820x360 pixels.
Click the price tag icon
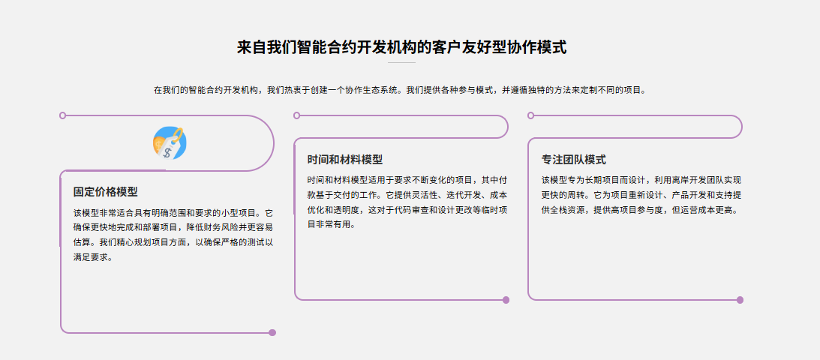[x=170, y=142]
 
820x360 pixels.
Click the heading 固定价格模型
[x=106, y=192]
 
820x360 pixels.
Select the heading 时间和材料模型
[x=345, y=160]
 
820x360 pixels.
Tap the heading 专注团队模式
[x=574, y=160]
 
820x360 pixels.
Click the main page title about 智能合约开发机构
[x=401, y=47]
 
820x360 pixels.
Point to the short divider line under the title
[x=401, y=63]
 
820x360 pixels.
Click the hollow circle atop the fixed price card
[x=62, y=115]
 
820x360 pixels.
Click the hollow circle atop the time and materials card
[x=297, y=115]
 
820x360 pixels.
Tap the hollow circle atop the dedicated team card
[x=531, y=115]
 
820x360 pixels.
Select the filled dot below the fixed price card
[x=272, y=332]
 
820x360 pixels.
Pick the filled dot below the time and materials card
[x=506, y=300]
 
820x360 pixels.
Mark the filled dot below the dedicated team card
[x=740, y=300]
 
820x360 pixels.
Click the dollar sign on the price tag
[x=167, y=151]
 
